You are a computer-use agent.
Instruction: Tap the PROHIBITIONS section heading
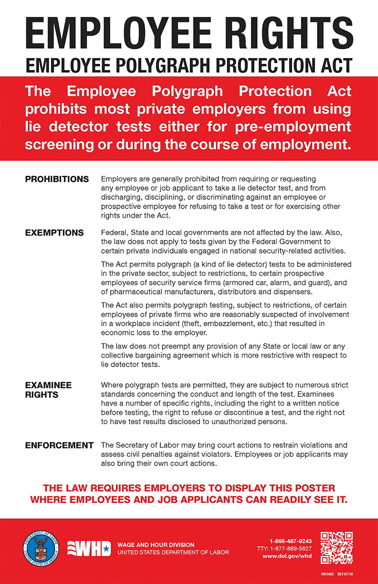coord(57,179)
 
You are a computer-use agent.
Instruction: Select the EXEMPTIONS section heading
coord(54,233)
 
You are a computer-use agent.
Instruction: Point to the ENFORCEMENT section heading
coord(59,446)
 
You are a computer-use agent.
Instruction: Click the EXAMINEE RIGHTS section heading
coord(48,390)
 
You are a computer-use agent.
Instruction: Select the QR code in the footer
coord(337,547)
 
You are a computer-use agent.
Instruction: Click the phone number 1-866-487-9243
coord(291,541)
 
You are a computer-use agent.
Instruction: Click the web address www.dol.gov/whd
coord(287,556)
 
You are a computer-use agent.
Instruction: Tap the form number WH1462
coord(328,575)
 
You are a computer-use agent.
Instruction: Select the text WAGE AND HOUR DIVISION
coord(156,545)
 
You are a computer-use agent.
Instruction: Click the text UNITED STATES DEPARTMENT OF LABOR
coord(173,553)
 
